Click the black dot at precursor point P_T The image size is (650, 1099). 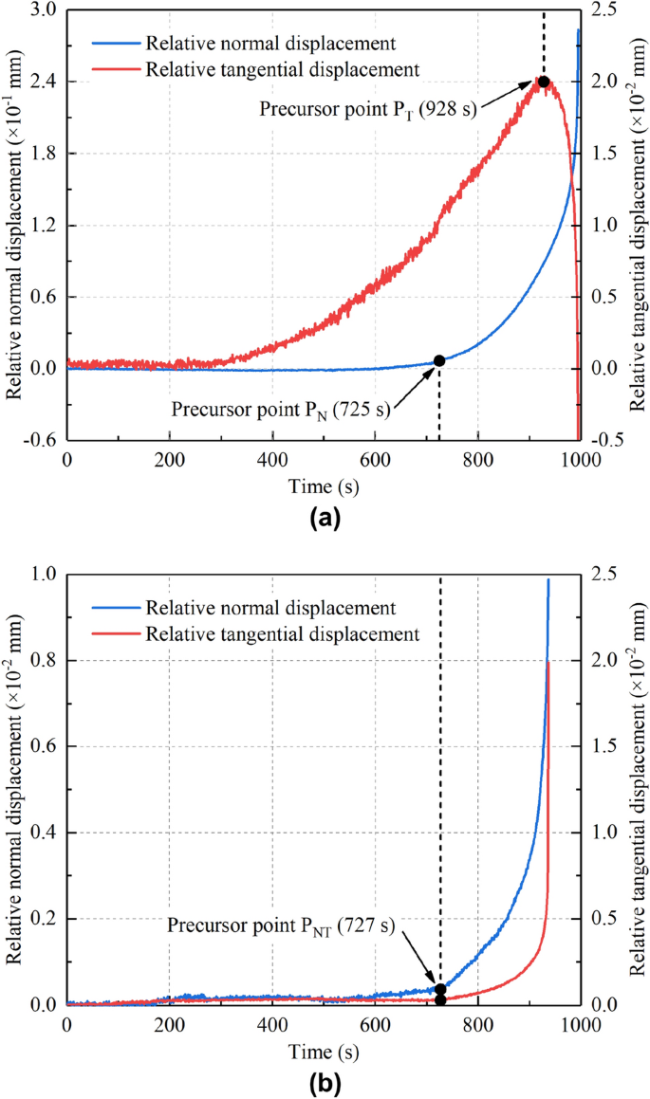click(x=544, y=82)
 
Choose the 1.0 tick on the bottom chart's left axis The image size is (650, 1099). click(x=46, y=574)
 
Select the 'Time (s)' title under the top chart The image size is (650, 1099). click(x=323, y=485)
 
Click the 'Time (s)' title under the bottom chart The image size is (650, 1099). click(x=323, y=1049)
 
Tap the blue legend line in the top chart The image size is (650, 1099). click(x=115, y=44)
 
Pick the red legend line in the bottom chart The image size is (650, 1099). click(x=115, y=631)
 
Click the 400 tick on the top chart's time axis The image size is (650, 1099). click(x=272, y=459)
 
